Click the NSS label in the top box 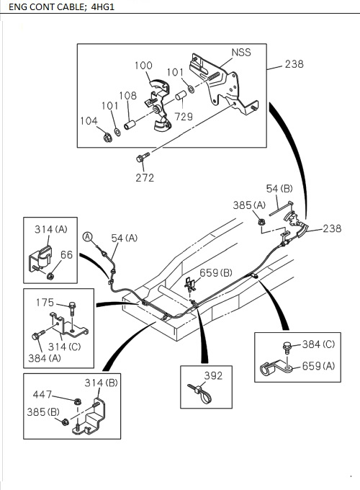point(240,53)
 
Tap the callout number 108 point(127,96)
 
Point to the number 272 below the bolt point(145,177)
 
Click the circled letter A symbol point(87,237)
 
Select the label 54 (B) point(279,189)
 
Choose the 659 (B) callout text point(215,272)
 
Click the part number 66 point(66,254)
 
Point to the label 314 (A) point(50,229)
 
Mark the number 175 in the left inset point(45,303)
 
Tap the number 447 point(42,394)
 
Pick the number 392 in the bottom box point(213,375)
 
